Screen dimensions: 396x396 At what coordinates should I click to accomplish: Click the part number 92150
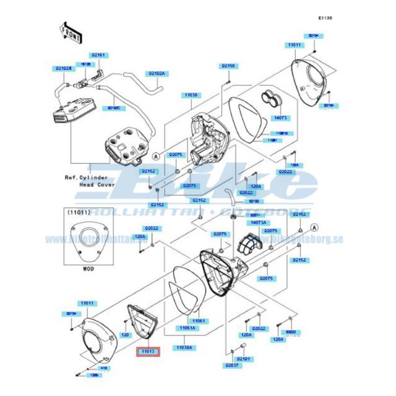pyautogui.click(x=229, y=66)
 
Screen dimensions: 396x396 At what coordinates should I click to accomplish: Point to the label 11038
pyautogui.click(x=190, y=95)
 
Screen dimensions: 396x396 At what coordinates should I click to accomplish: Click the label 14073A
pyautogui.click(x=259, y=222)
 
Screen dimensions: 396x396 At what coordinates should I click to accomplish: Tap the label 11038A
pyautogui.click(x=184, y=348)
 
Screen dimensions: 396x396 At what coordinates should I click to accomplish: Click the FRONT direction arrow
pyautogui.click(x=71, y=32)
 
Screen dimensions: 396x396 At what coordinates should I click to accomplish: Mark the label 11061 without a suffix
pyautogui.click(x=198, y=321)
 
